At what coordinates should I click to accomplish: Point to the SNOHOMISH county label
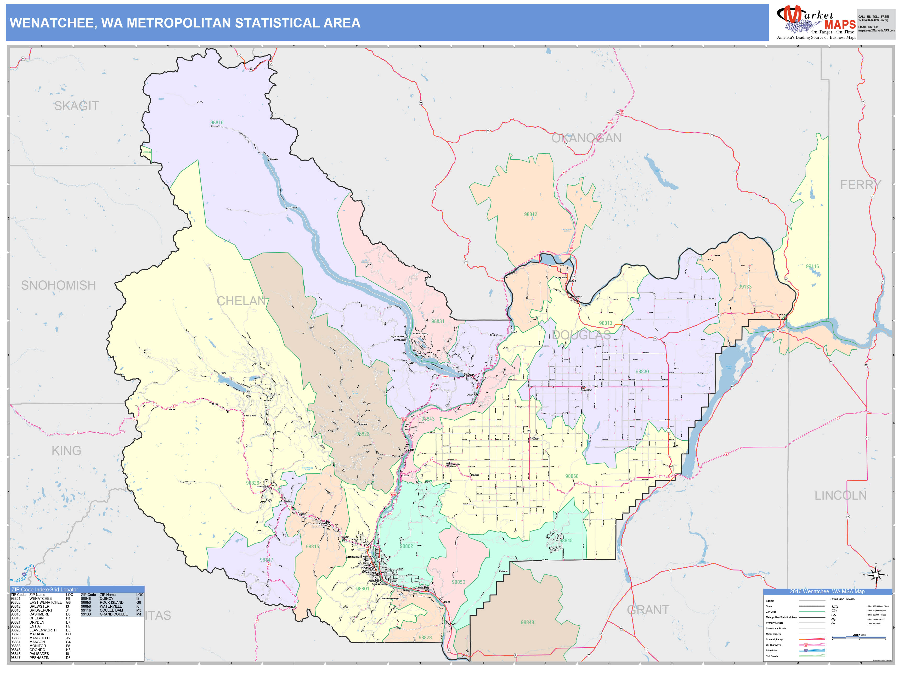coord(58,285)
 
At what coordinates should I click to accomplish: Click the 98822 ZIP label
coord(363,434)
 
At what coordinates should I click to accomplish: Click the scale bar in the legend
coord(859,637)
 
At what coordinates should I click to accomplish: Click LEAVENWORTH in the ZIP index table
coord(43,630)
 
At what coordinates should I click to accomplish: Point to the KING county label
coord(66,451)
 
